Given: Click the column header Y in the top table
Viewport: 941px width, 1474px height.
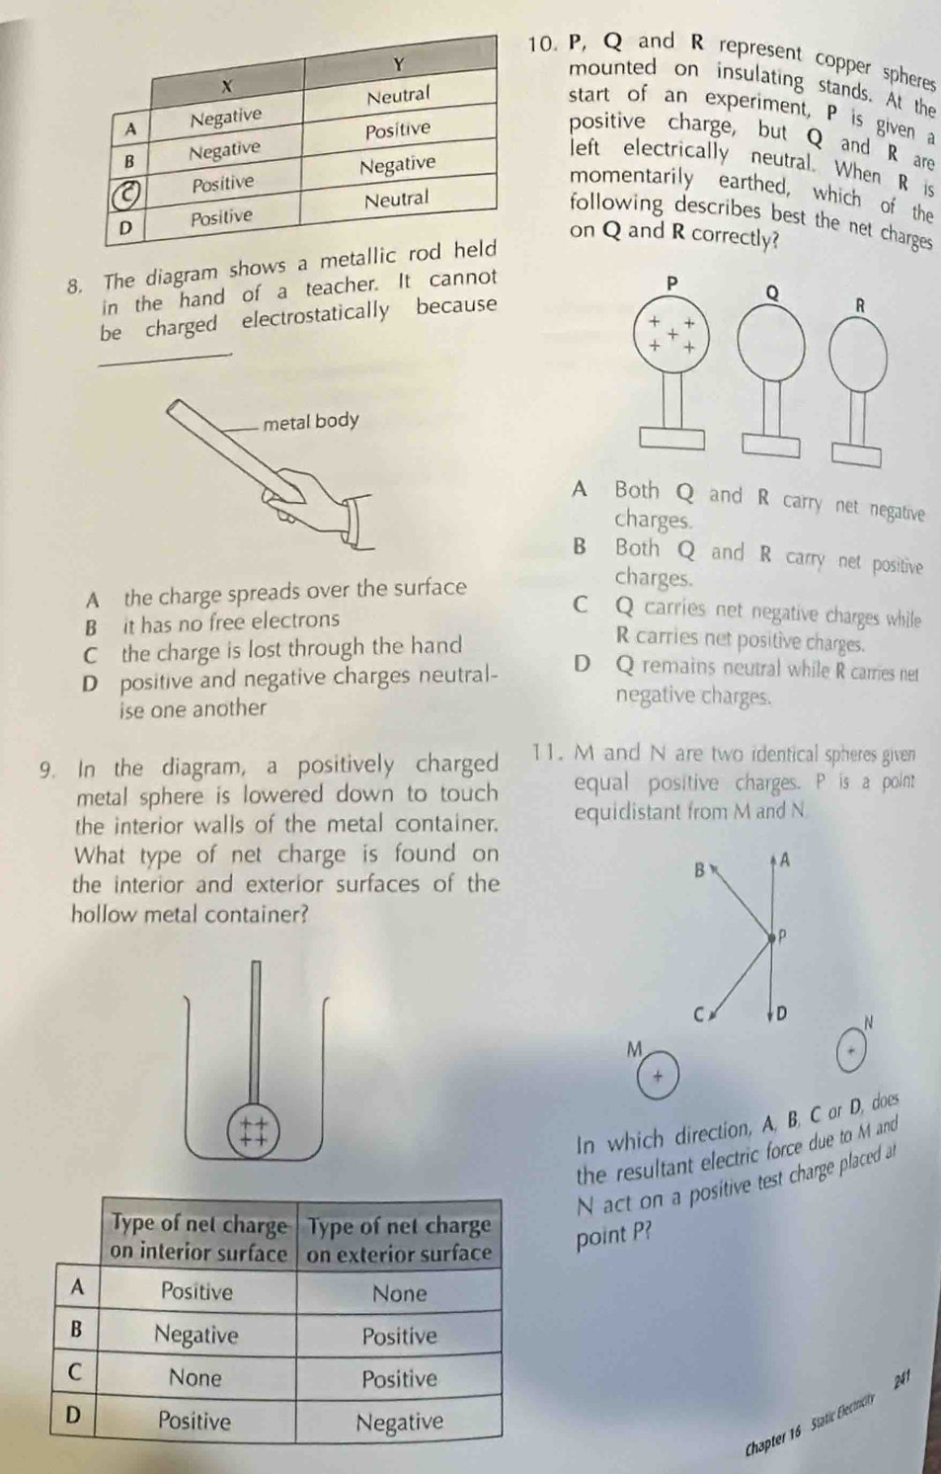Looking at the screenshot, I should pos(398,64).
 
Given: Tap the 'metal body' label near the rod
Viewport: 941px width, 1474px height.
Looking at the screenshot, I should pos(311,422).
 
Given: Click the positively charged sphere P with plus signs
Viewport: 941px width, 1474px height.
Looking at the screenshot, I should pos(671,336).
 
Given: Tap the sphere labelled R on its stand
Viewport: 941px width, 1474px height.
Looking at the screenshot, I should pos(857,354).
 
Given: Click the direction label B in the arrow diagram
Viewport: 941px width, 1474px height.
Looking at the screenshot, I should pos(699,870).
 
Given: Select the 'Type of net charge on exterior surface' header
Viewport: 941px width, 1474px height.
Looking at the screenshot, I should pos(399,1239).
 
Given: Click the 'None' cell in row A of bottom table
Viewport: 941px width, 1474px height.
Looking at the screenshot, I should pos(399,1293).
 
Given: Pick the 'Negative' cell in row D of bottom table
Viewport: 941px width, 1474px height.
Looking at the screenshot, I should pos(399,1422).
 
